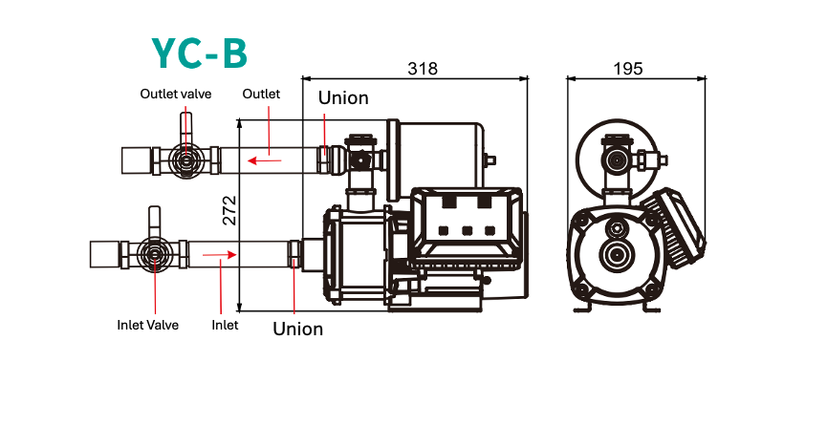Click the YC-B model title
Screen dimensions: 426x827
(200, 53)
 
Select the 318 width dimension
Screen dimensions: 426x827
(423, 69)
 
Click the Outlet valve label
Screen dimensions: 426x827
(176, 94)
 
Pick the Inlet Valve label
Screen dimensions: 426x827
(147, 325)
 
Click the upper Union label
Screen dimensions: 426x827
(343, 98)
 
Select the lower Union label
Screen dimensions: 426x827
(297, 330)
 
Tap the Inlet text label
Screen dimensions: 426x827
(225, 325)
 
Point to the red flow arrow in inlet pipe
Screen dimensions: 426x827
(218, 255)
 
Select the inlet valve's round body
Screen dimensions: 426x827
(152, 255)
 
